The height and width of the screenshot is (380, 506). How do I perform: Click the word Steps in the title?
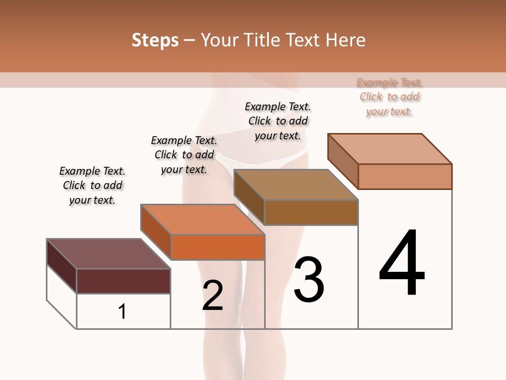[155, 40]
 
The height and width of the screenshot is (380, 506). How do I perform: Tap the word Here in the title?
[346, 40]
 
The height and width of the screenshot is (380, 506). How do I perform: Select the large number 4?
[402, 264]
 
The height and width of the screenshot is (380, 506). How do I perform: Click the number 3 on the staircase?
[309, 280]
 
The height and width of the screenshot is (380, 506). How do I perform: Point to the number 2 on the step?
[212, 296]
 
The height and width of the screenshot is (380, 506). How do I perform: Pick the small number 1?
[122, 311]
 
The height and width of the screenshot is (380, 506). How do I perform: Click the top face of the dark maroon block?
[108, 253]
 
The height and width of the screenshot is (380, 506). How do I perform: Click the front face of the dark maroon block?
[123, 281]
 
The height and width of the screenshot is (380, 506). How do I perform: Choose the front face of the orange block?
[217, 247]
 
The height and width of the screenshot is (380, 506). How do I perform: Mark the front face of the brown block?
[311, 212]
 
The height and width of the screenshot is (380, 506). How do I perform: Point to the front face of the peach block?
[405, 176]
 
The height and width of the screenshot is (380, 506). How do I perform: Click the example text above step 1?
[92, 185]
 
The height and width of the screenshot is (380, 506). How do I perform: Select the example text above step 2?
[184, 155]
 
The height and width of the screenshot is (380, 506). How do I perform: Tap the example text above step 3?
[278, 121]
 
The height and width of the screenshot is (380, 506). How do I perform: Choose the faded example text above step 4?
[390, 97]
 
